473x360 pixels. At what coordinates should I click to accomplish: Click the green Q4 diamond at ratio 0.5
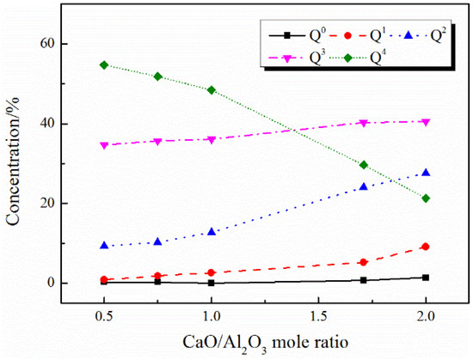click(104, 65)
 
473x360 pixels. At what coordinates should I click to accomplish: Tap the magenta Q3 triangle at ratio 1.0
click(212, 139)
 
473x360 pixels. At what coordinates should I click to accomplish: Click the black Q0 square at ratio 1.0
click(212, 283)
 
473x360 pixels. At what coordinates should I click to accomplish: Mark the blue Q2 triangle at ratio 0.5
click(104, 246)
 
